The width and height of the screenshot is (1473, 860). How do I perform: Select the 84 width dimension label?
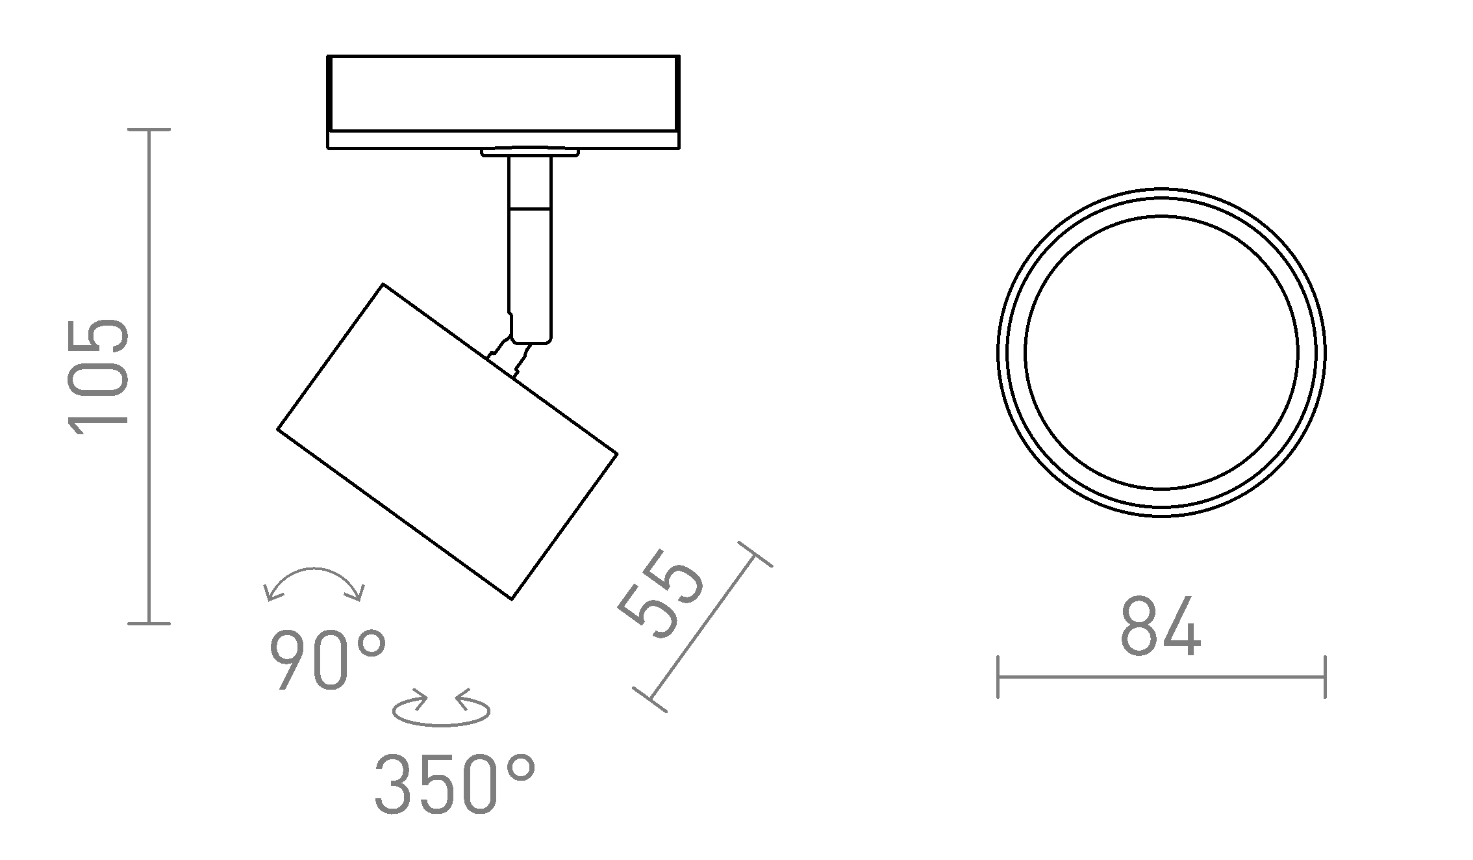[x=1161, y=627]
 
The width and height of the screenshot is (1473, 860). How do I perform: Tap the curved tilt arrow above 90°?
[x=315, y=582]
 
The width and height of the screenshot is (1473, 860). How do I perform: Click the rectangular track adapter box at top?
[x=503, y=94]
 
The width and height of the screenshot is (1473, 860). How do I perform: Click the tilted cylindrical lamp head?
[x=447, y=441]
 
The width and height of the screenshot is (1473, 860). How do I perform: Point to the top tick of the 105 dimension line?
[x=149, y=130]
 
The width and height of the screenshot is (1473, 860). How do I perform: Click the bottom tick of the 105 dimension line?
[x=149, y=624]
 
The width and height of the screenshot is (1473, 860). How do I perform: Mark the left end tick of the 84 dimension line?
[x=998, y=677]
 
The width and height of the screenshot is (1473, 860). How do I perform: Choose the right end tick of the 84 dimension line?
[x=1325, y=677]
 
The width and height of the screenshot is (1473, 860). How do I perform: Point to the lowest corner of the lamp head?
[x=512, y=599]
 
